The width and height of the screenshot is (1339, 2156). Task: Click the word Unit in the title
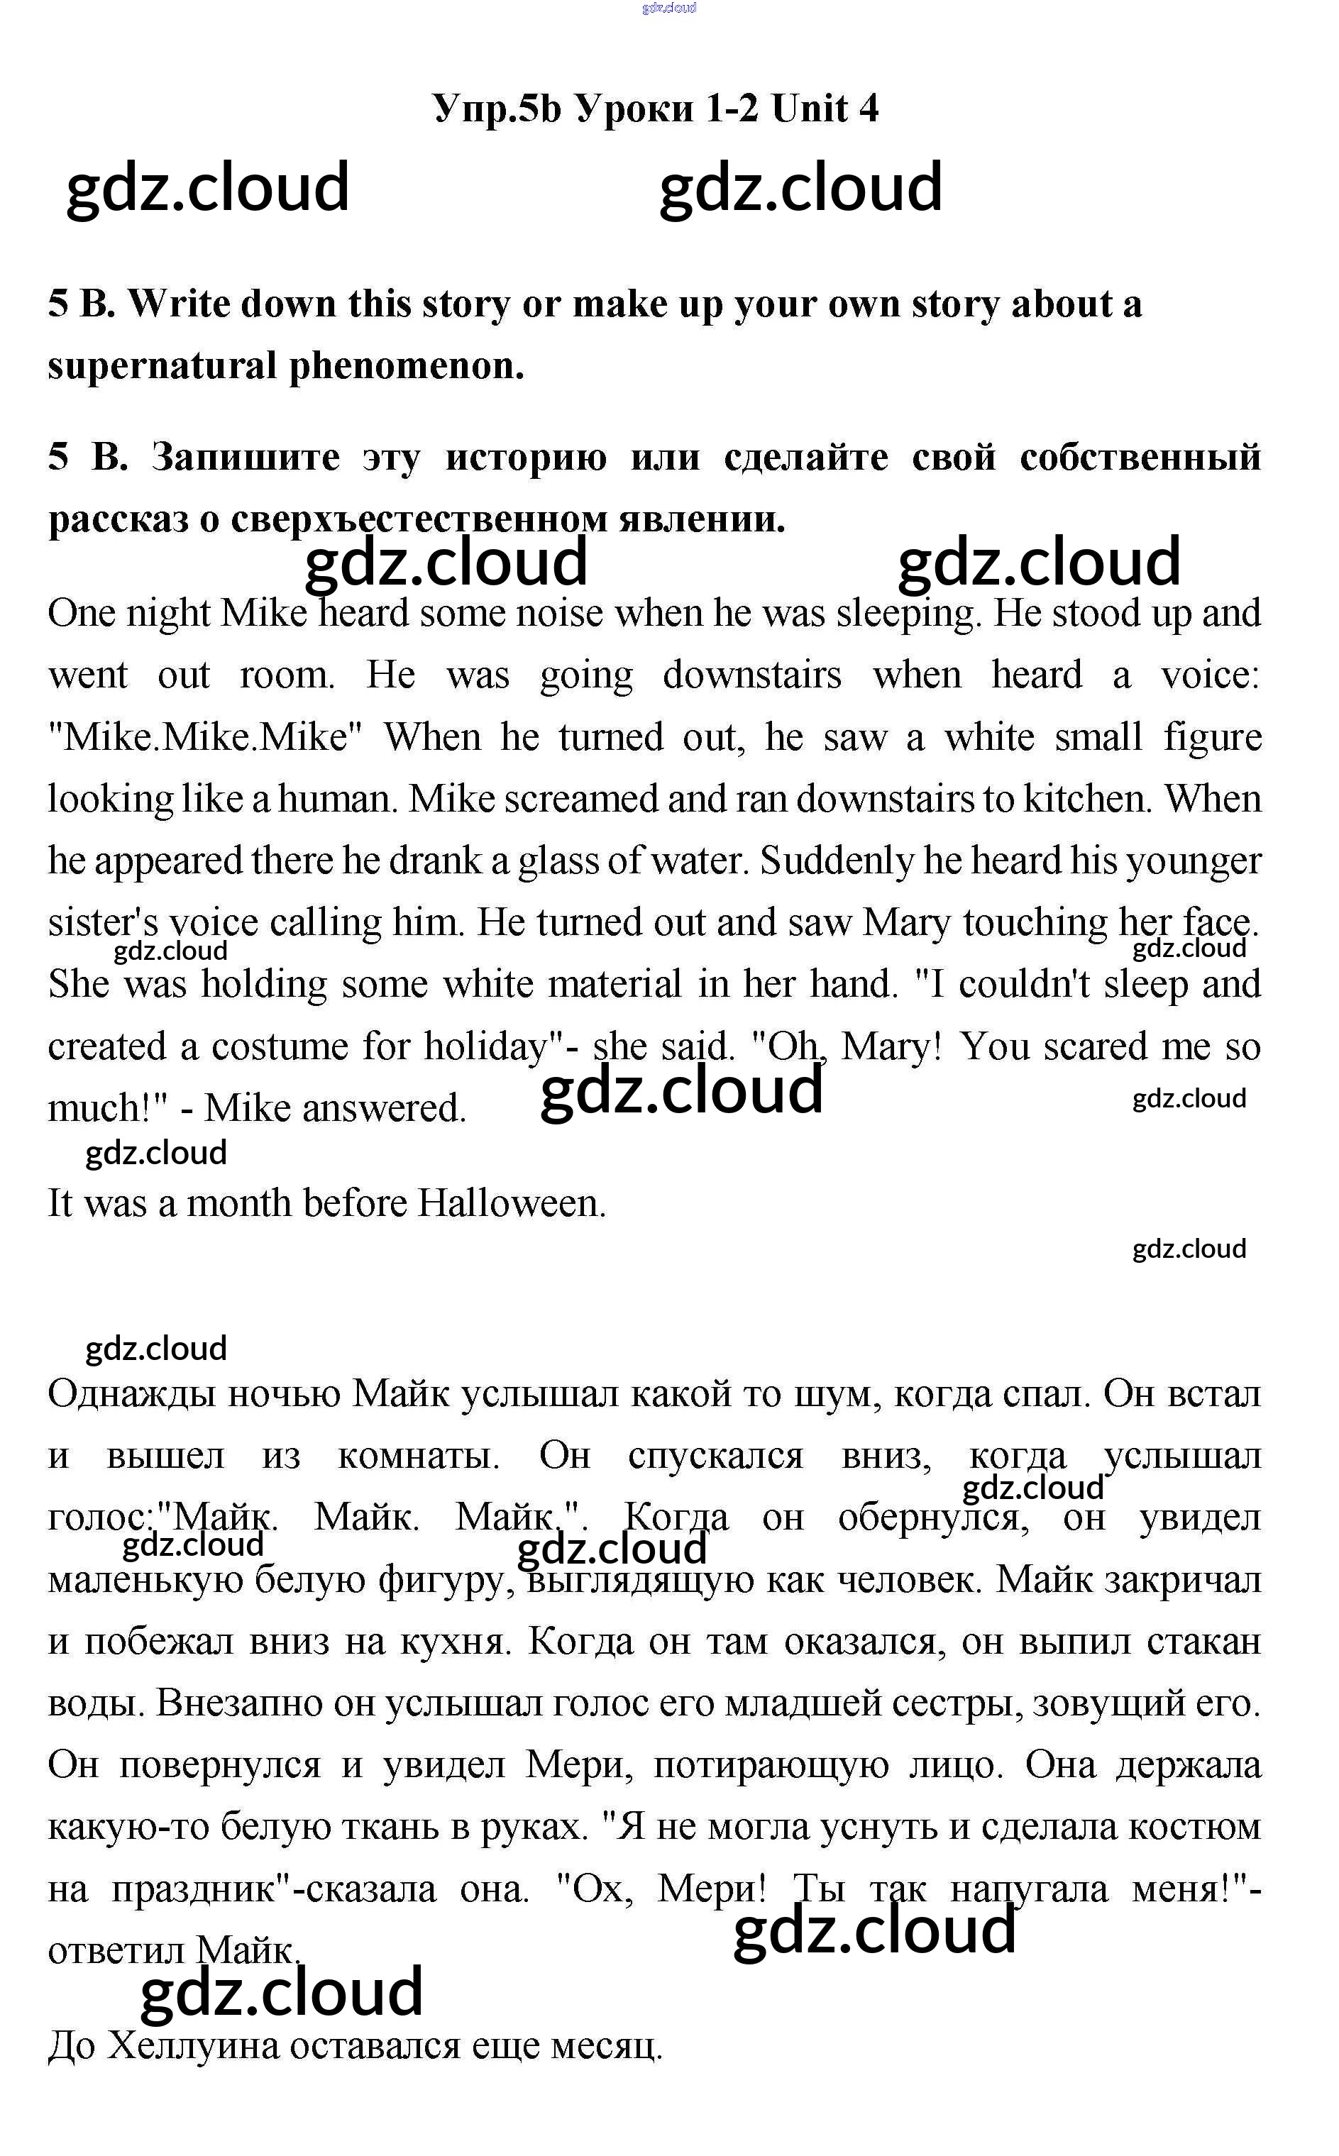[810, 109]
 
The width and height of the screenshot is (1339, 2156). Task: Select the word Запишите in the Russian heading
[246, 458]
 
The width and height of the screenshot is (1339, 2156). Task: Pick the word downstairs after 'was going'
[752, 675]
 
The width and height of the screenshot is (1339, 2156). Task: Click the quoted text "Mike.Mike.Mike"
[206, 738]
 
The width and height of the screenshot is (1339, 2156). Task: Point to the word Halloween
[511, 1203]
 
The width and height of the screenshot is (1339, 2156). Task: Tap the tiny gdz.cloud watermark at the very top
[670, 8]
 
